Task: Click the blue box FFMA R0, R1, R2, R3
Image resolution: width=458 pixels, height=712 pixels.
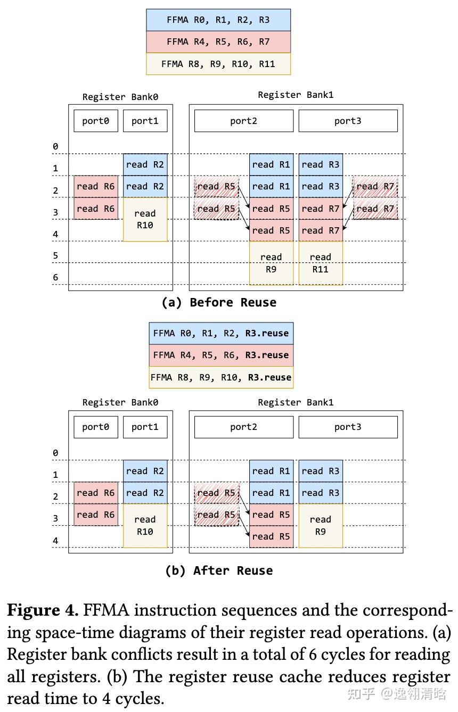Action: coord(218,20)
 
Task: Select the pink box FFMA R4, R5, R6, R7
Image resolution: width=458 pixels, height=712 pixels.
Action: coord(218,42)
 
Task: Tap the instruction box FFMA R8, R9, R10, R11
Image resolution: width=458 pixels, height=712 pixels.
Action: coord(218,64)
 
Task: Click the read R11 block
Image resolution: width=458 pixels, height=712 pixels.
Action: coord(320,263)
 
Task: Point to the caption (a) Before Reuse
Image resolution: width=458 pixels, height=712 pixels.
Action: coord(219,302)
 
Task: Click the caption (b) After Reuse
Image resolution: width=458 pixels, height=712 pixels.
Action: coord(219,570)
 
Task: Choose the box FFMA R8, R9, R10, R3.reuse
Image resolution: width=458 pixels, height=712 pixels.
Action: coord(221,377)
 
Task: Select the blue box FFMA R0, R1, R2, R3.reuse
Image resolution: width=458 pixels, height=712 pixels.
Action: coord(221,334)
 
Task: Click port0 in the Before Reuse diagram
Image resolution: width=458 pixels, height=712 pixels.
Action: coord(96,121)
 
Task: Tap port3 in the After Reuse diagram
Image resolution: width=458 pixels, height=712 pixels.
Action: coord(348,427)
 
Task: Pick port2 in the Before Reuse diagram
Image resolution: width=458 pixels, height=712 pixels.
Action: coord(243,121)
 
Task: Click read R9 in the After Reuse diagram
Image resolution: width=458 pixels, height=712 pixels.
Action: coord(320,525)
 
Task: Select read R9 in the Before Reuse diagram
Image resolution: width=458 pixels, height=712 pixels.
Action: coord(271,263)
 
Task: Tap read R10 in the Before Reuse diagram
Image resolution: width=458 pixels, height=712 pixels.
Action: coord(145,219)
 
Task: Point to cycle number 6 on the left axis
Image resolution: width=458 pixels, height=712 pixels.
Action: coord(55,277)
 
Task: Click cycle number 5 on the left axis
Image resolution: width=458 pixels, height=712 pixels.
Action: coord(55,256)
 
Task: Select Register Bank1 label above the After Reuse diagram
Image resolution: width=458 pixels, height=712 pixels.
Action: coord(296,402)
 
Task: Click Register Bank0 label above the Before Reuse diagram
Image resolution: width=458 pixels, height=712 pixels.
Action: coord(120,97)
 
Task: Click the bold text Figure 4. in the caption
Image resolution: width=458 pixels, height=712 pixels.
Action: coord(43,610)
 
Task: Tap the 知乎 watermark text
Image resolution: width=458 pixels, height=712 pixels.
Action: coord(361,693)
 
